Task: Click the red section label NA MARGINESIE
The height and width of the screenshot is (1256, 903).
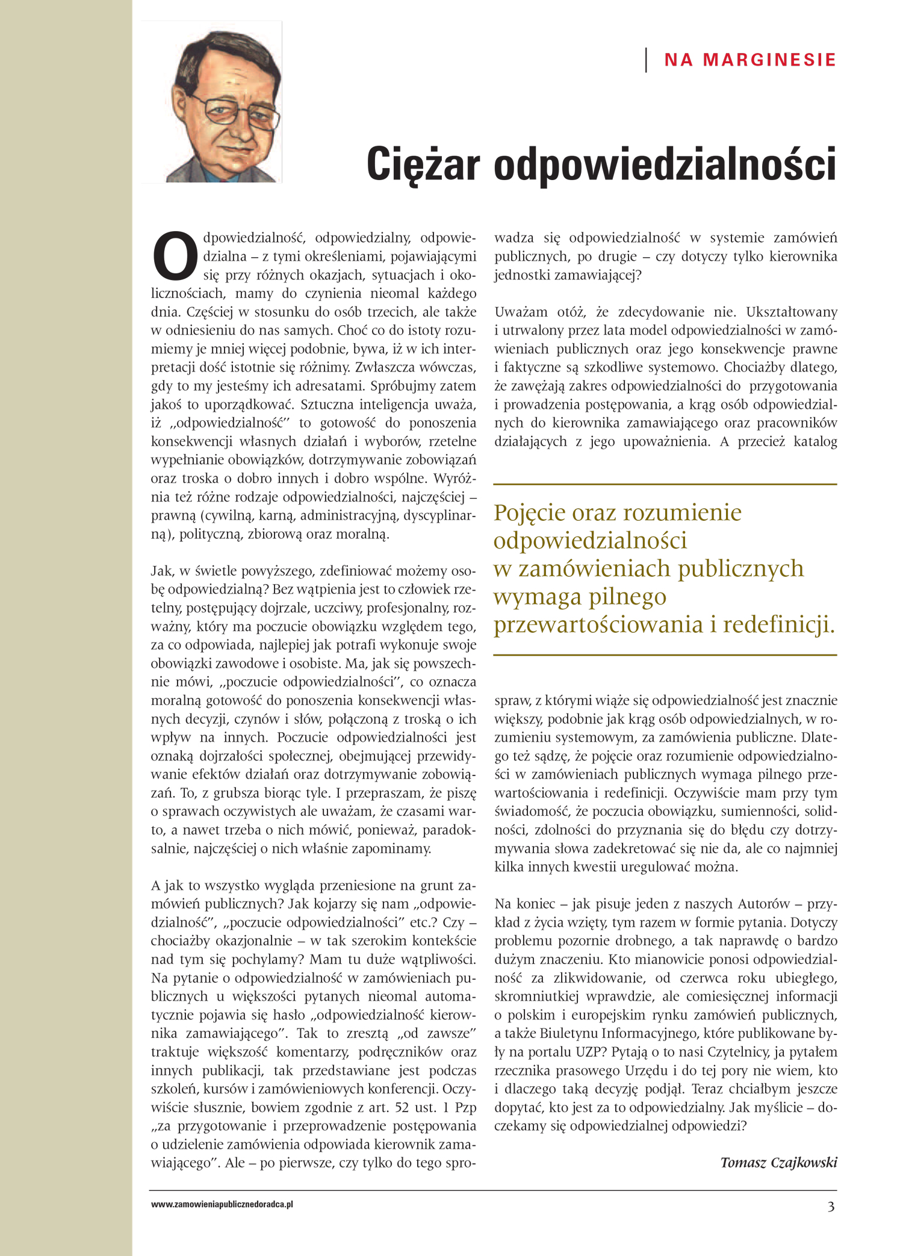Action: (x=750, y=60)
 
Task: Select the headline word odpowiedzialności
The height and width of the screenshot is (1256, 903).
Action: (x=665, y=164)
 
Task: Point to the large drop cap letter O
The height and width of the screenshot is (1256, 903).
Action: (x=175, y=256)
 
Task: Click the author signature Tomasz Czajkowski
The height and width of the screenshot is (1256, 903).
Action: (x=778, y=1162)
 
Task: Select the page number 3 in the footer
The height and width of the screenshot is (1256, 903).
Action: (x=831, y=1207)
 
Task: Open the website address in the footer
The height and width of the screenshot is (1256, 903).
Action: (x=222, y=1204)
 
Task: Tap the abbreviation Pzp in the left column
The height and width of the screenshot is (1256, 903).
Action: (x=466, y=1107)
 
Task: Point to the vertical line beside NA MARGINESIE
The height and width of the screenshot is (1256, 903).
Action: (x=647, y=60)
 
